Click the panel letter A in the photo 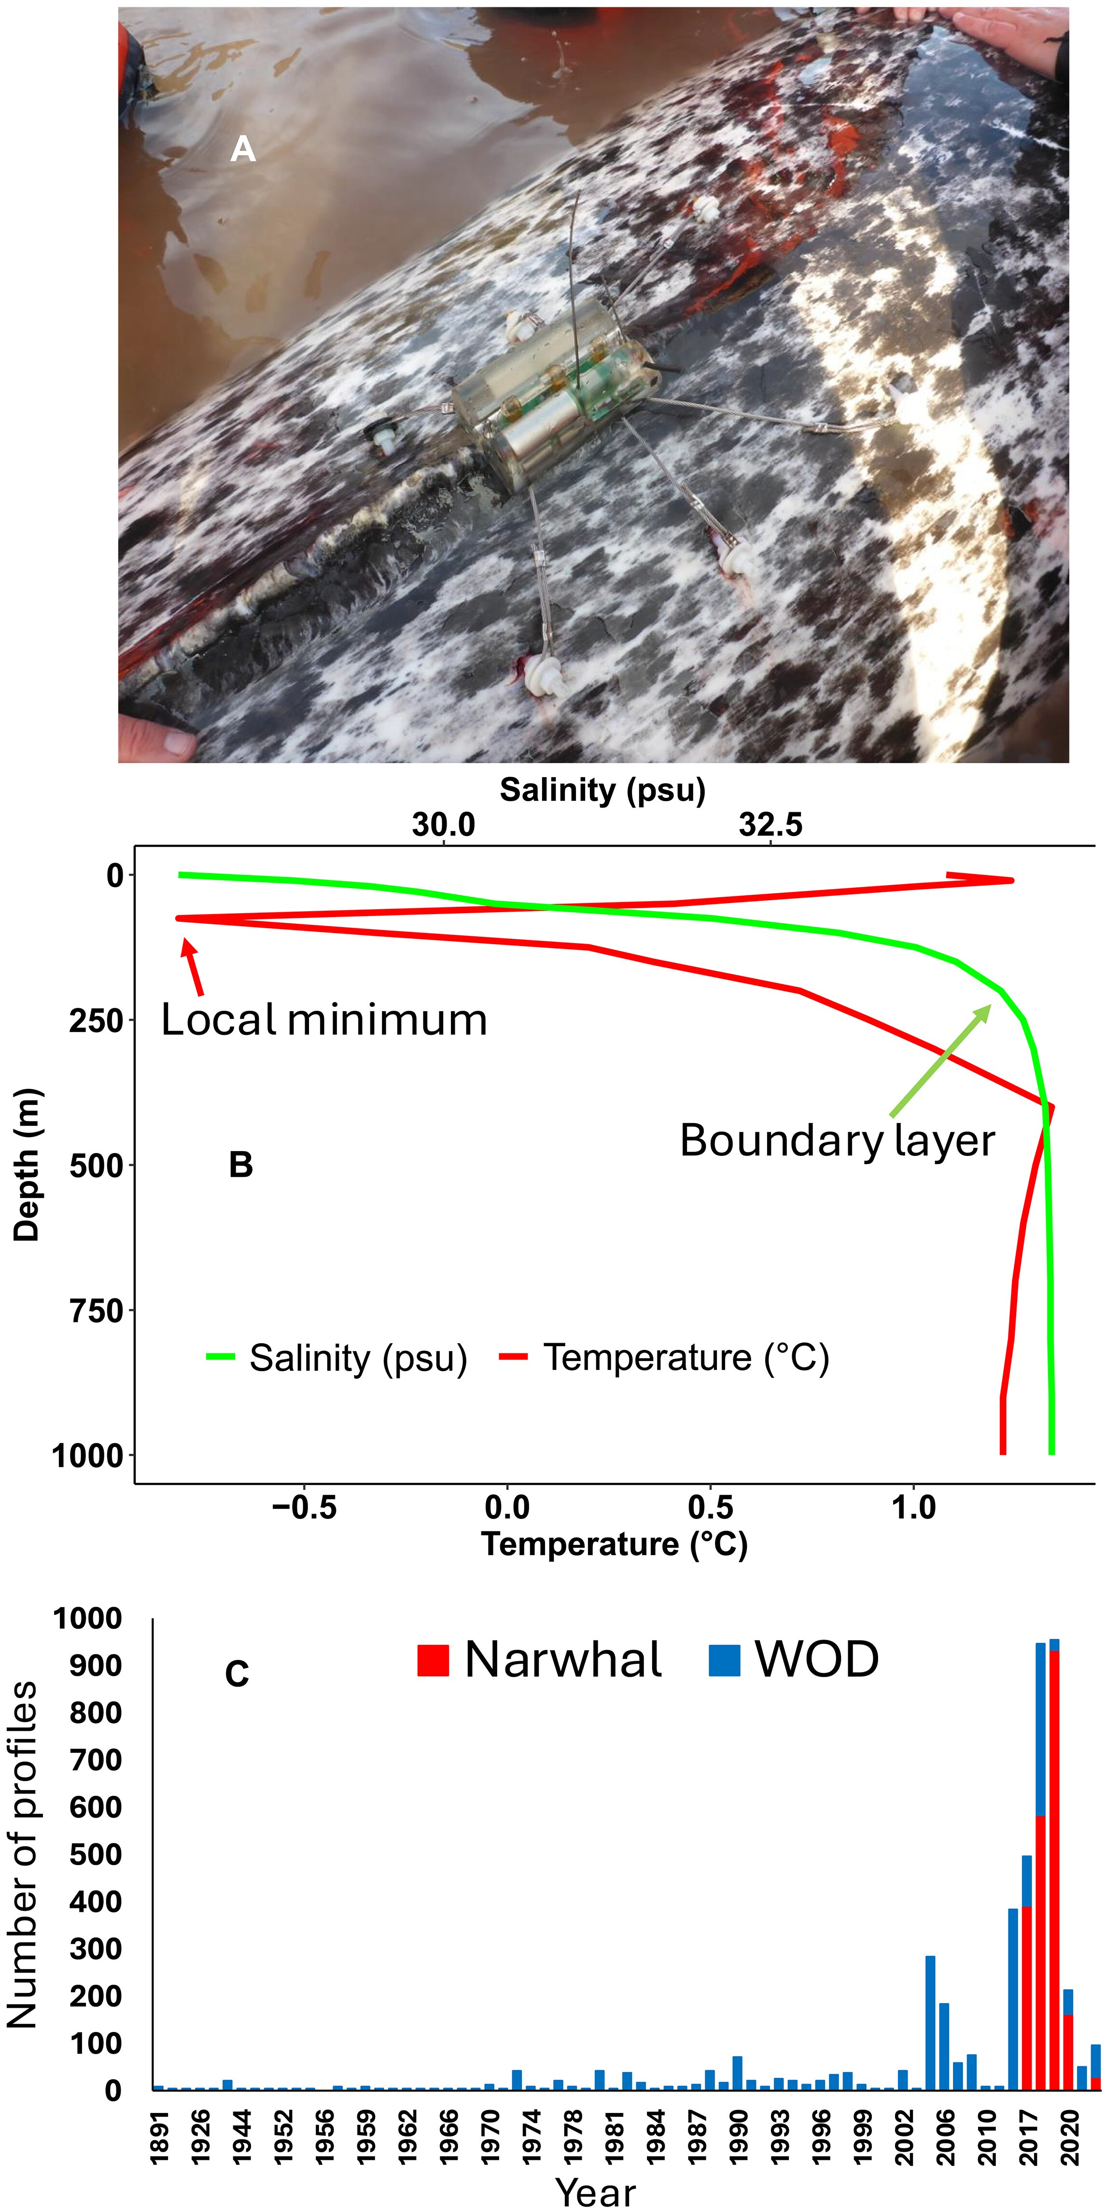(x=243, y=150)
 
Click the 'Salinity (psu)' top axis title (x=603, y=790)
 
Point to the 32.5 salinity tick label (x=770, y=825)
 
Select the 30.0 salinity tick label (x=443, y=825)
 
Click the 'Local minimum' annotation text (x=324, y=1020)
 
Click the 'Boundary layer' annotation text (x=837, y=1141)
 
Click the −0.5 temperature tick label (x=304, y=1508)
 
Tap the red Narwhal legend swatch (x=433, y=1660)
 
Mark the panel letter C (x=237, y=1674)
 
